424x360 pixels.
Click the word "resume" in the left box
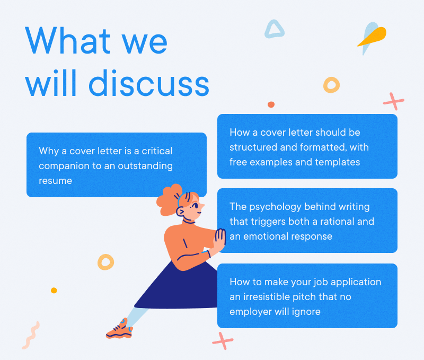[x=55, y=181]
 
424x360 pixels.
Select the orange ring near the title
[x=331, y=85]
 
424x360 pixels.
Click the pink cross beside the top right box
[x=393, y=101]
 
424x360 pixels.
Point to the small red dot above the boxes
[x=271, y=104]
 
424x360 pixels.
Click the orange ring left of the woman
[x=105, y=261]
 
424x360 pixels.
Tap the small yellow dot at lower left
[x=54, y=291]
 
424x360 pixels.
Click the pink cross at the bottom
[x=223, y=340]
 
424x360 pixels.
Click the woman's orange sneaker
[x=119, y=329]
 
